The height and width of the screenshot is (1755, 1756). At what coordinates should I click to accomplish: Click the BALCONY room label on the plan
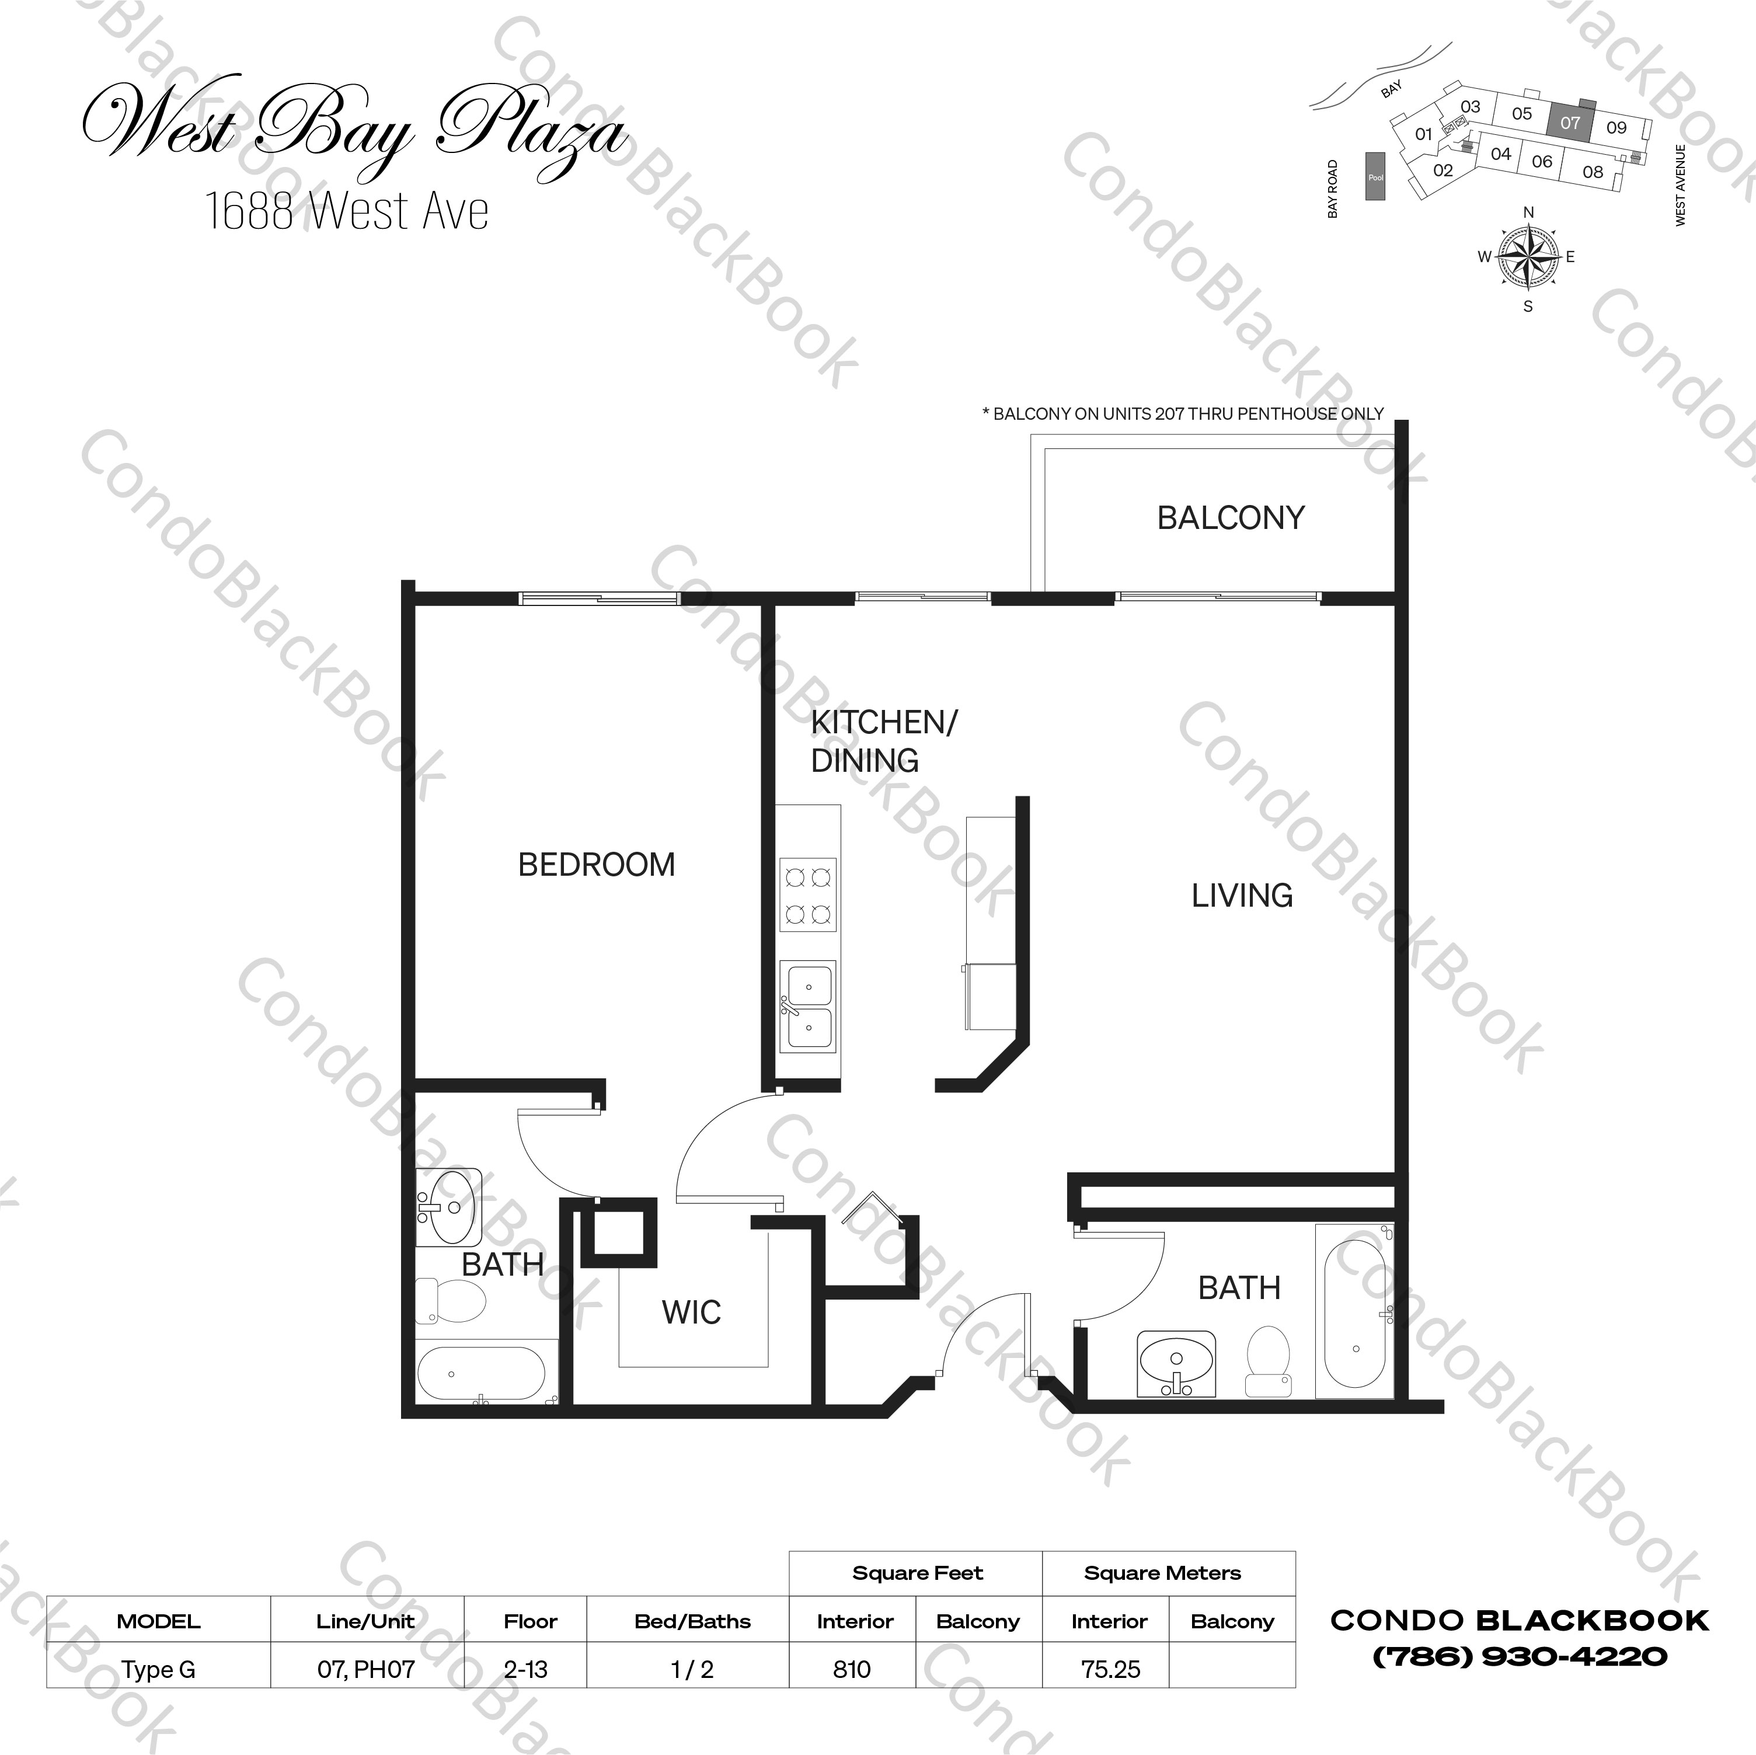1231,518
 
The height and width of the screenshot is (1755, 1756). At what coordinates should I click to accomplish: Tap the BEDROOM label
596,864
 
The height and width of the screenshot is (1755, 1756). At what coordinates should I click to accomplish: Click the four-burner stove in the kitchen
808,895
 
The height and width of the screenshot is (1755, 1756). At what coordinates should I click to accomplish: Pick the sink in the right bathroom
1176,1364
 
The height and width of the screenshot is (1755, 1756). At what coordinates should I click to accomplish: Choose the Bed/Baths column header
692,1621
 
